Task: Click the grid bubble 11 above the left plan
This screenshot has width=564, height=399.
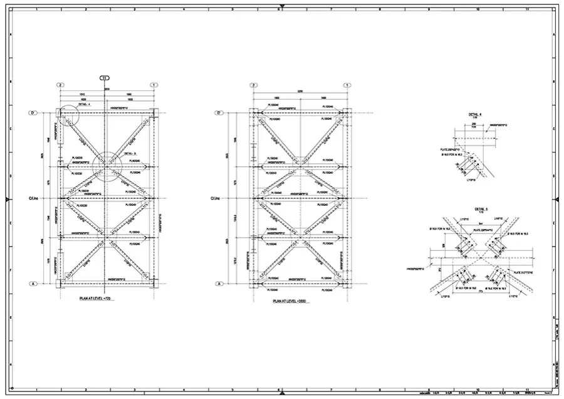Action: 104,78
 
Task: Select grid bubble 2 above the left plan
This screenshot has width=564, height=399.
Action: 61,85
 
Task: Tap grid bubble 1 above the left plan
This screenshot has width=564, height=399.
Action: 154,85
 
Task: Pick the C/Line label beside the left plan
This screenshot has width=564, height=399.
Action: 34,199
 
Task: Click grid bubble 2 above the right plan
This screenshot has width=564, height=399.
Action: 254,85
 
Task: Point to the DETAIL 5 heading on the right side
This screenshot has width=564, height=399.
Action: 481,208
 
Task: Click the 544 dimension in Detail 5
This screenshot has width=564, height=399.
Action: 480,223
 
